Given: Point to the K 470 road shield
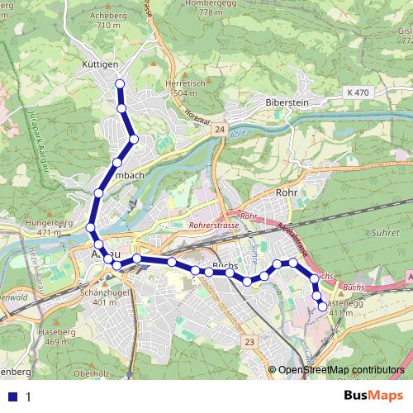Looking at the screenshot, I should [x=358, y=93].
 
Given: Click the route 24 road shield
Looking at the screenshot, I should [x=218, y=131].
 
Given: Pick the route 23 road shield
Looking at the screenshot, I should [x=249, y=339].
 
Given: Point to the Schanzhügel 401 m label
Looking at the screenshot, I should [x=104, y=297].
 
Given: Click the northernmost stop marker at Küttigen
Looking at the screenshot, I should [x=121, y=84].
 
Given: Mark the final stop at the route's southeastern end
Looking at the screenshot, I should [x=322, y=306].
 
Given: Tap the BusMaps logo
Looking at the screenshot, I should [x=373, y=396].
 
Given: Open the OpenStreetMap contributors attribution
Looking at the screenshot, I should [x=341, y=370].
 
